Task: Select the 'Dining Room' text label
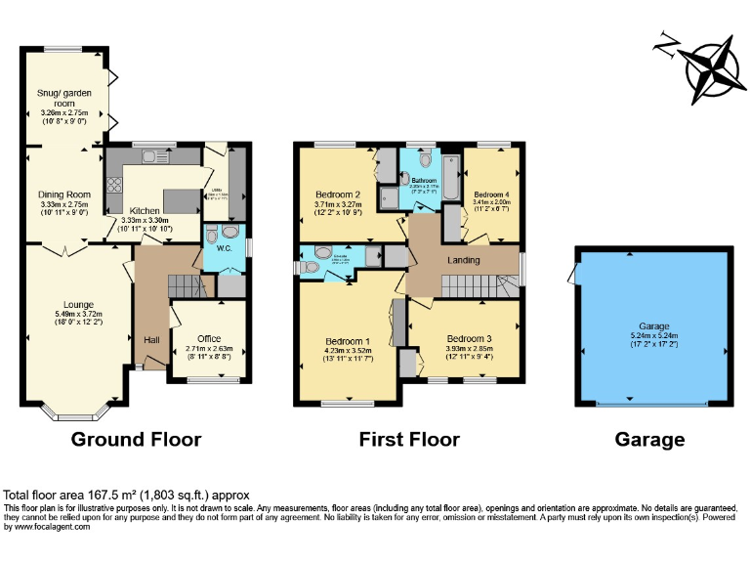pos(63,195)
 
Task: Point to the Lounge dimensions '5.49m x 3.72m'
pos(78,314)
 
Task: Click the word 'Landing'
pos(463,260)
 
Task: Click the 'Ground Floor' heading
pos(136,440)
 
